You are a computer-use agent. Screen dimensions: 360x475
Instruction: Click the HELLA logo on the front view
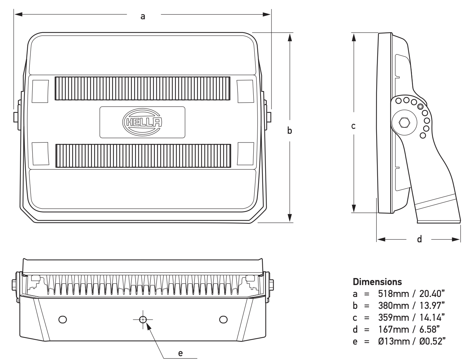click(142, 122)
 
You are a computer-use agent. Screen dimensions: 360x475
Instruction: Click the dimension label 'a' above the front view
click(143, 16)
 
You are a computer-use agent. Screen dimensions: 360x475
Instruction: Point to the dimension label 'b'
click(289, 131)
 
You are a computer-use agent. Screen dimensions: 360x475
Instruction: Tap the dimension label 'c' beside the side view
click(353, 126)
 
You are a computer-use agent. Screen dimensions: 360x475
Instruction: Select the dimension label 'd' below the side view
click(419, 239)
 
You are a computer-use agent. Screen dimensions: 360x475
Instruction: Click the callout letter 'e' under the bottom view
click(180, 353)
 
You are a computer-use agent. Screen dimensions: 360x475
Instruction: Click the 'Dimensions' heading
click(377, 282)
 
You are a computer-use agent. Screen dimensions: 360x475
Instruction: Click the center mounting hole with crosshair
click(143, 319)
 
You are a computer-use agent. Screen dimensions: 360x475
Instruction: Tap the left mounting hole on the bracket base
click(63, 319)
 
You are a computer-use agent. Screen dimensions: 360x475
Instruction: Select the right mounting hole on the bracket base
click(223, 319)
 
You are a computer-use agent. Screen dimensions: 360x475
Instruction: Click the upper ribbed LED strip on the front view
click(142, 89)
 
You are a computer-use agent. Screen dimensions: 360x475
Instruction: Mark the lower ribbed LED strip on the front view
click(143, 155)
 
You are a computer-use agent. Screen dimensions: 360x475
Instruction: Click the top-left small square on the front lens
click(40, 91)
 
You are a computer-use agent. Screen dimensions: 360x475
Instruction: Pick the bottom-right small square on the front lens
click(246, 153)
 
